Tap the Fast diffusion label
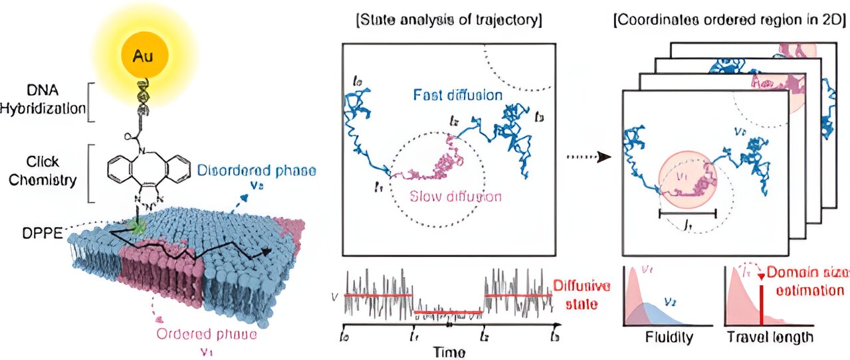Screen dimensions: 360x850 point(458,95)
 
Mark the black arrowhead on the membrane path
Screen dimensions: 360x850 point(266,252)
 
